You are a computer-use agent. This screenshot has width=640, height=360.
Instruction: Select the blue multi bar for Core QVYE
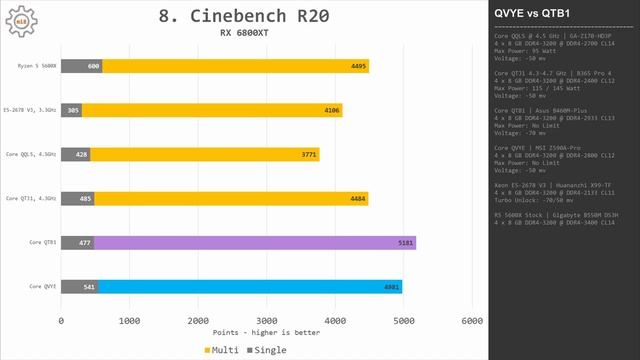280,286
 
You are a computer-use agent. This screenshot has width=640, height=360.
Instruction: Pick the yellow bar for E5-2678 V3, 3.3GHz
210,110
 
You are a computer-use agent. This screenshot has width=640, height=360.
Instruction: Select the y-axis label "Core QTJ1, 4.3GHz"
31,198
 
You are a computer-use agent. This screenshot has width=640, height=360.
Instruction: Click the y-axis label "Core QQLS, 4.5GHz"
31,154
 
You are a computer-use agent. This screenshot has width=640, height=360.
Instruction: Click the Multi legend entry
223,349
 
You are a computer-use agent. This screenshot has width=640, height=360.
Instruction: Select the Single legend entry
266,349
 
